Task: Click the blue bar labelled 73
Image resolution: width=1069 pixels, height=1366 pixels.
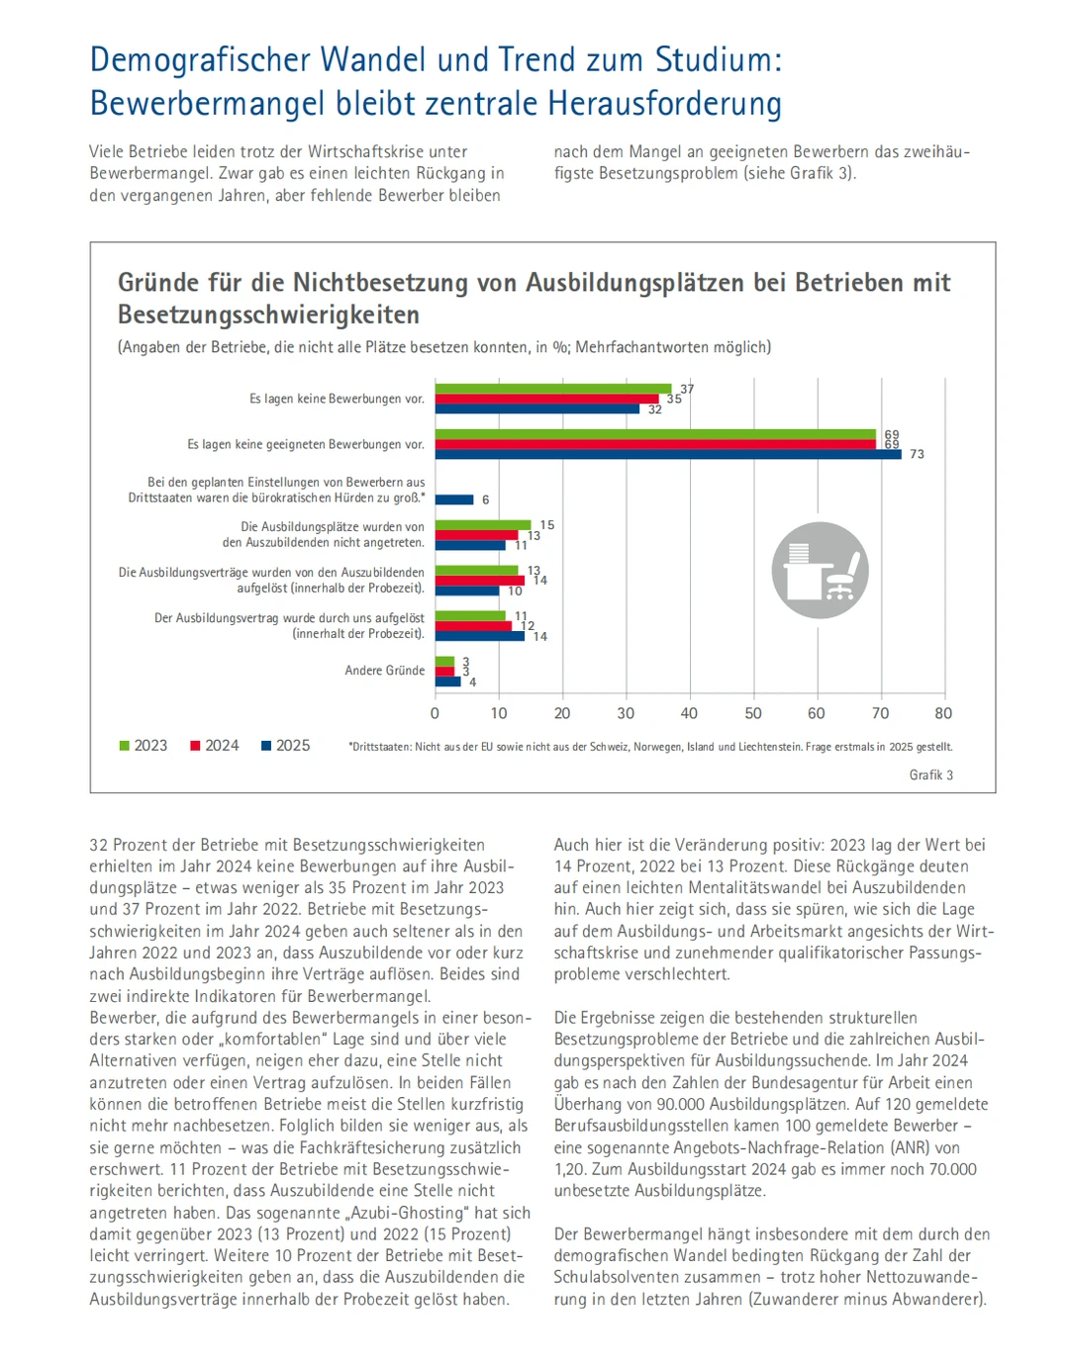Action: [668, 455]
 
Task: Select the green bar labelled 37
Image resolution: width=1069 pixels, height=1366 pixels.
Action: [553, 389]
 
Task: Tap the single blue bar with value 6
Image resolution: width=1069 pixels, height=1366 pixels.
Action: [454, 500]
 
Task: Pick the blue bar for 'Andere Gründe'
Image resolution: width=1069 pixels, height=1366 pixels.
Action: [448, 682]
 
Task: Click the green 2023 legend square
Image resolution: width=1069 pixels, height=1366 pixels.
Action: [125, 746]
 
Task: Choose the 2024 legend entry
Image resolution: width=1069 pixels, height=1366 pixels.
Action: [214, 746]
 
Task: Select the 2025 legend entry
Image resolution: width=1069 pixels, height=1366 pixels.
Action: [285, 746]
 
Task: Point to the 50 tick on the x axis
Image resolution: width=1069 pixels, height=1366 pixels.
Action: [752, 713]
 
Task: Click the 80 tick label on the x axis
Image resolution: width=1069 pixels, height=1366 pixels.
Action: [943, 713]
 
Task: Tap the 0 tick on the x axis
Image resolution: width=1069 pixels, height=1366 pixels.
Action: [435, 713]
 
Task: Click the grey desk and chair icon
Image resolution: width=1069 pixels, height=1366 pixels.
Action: [820, 571]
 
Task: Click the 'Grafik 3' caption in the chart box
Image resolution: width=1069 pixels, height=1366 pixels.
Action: [930, 775]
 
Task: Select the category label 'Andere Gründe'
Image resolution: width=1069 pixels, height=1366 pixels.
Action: [384, 671]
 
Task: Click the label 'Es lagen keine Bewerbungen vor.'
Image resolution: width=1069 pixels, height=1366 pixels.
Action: [337, 400]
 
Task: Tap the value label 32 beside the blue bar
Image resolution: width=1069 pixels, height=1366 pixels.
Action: [654, 410]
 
